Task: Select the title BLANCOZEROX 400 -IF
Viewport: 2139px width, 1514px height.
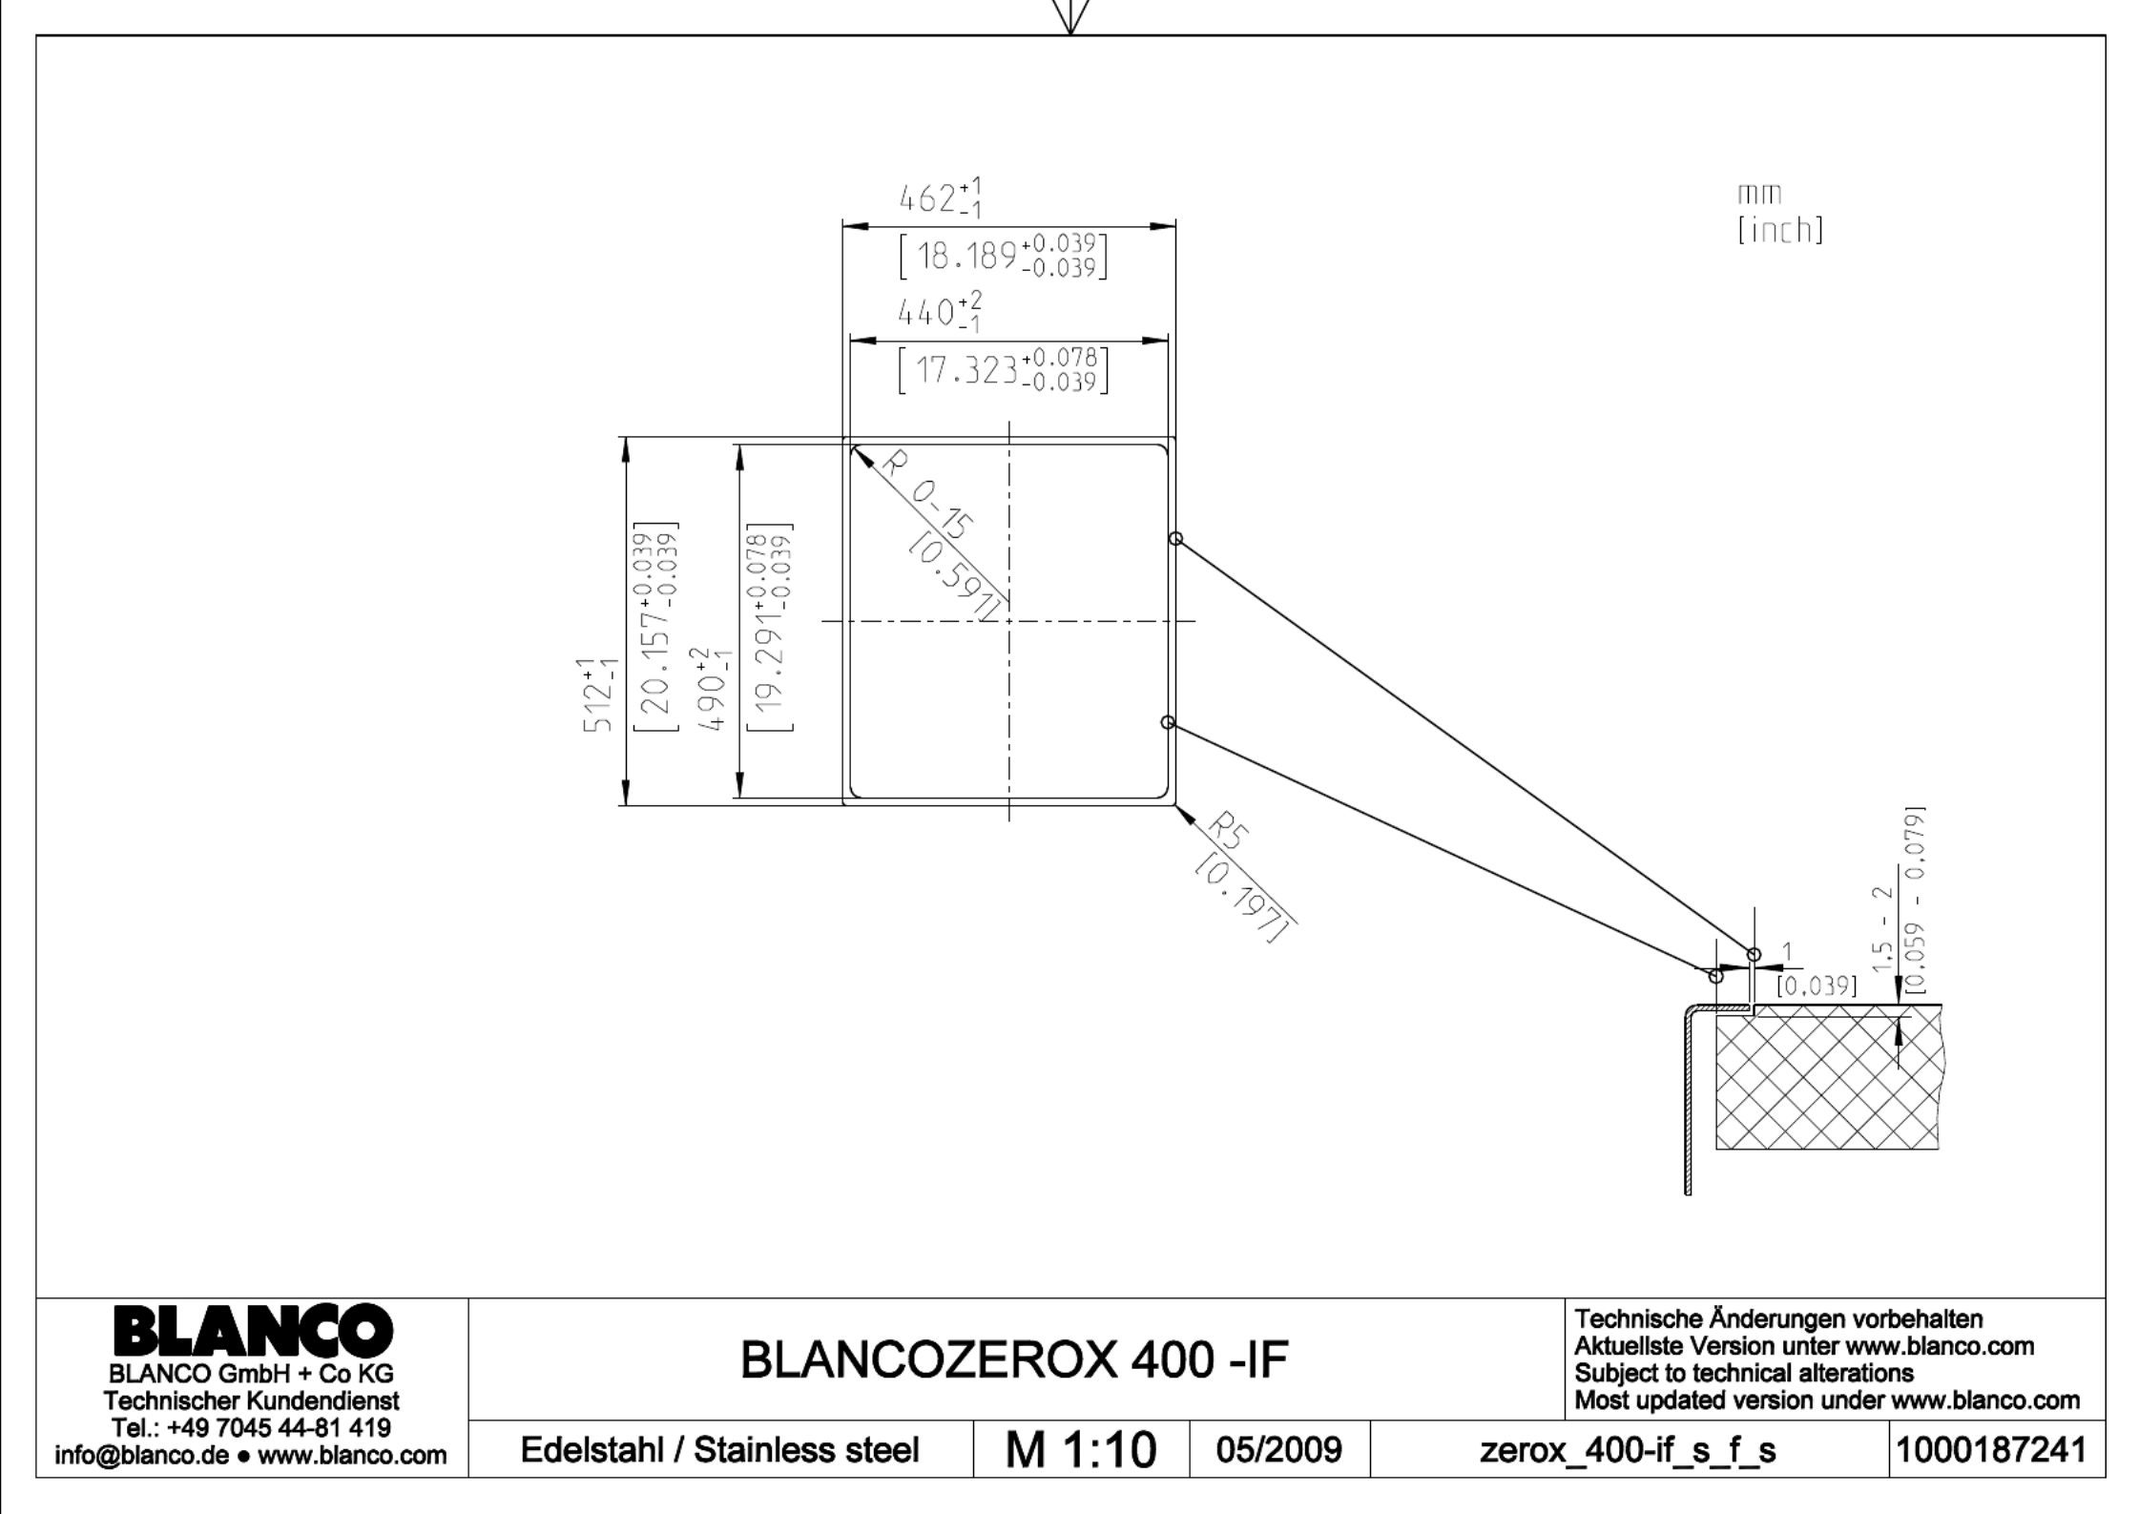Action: (1014, 1360)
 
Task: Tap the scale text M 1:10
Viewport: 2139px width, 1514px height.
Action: (1080, 1451)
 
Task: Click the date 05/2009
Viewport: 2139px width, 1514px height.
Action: (1278, 1450)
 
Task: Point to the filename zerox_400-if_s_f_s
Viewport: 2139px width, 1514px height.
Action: (1628, 1451)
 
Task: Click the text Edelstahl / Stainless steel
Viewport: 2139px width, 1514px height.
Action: (719, 1450)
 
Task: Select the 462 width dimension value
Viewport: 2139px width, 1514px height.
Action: (941, 197)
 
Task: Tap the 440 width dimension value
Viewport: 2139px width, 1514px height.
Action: (941, 311)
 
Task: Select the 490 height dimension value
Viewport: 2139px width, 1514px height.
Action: (712, 688)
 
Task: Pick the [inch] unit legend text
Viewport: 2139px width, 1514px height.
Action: (1780, 230)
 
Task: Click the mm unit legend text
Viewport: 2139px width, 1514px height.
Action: (1758, 195)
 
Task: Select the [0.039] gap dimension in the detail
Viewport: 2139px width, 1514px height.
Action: (1817, 985)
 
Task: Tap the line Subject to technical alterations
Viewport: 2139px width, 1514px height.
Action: (1743, 1373)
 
